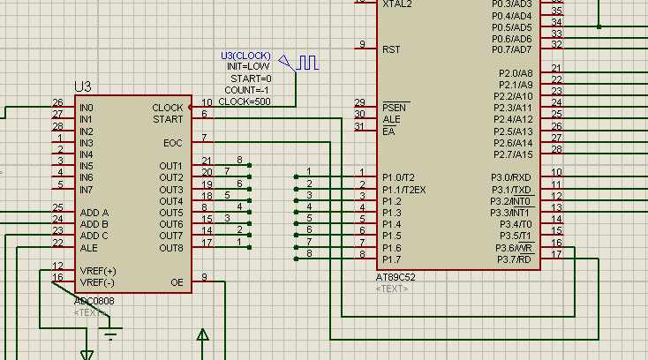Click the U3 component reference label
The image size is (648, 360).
(83, 86)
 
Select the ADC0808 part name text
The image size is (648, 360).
(94, 301)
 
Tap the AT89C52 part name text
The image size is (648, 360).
(396, 277)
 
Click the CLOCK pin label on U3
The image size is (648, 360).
(168, 108)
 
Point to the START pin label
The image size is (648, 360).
(168, 119)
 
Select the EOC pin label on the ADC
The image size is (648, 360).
(173, 143)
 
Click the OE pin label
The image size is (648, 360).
(177, 282)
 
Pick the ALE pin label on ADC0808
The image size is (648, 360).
(89, 248)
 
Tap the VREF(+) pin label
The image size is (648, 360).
(98, 271)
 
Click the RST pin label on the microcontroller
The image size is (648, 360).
(391, 50)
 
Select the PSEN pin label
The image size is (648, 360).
(395, 108)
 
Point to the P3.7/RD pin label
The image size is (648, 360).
(514, 259)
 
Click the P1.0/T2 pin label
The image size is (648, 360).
(398, 177)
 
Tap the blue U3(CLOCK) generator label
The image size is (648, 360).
(245, 56)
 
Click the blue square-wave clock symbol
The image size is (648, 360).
(307, 63)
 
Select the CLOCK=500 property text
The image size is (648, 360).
(245, 101)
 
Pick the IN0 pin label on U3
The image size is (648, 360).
(87, 108)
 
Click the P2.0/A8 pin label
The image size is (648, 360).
(516, 73)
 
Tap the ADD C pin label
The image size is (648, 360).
(94, 236)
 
